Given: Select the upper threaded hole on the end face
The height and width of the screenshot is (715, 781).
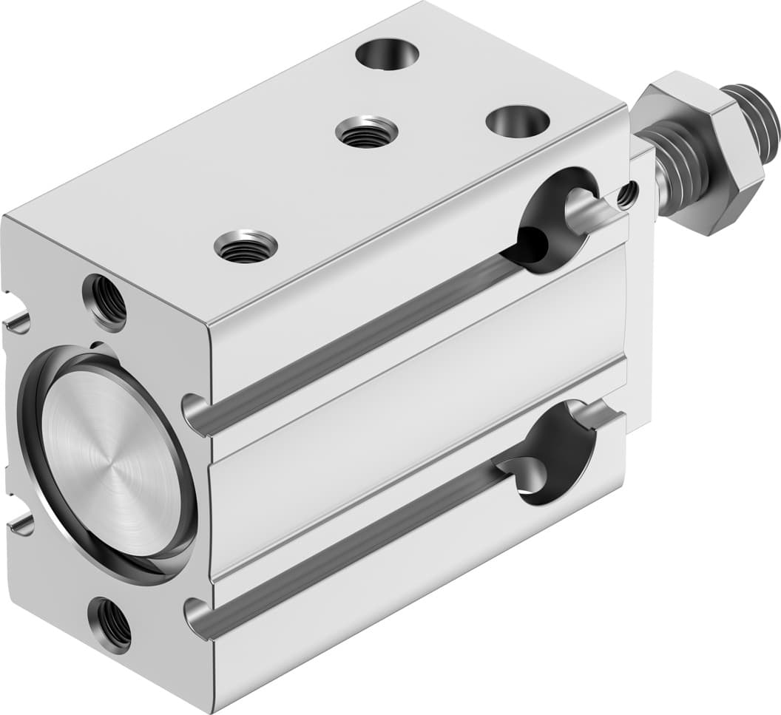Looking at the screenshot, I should (x=106, y=302).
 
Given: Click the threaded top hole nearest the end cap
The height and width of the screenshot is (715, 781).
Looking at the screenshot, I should (x=246, y=245).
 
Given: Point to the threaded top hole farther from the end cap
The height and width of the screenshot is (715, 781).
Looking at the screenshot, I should (x=366, y=132).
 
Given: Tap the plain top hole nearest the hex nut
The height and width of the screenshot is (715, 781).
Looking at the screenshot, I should (x=518, y=121).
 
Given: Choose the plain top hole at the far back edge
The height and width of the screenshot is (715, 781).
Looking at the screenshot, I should (x=387, y=54).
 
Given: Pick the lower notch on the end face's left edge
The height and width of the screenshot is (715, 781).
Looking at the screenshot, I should (x=21, y=525).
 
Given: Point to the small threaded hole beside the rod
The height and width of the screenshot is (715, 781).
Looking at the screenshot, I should (x=627, y=194).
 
